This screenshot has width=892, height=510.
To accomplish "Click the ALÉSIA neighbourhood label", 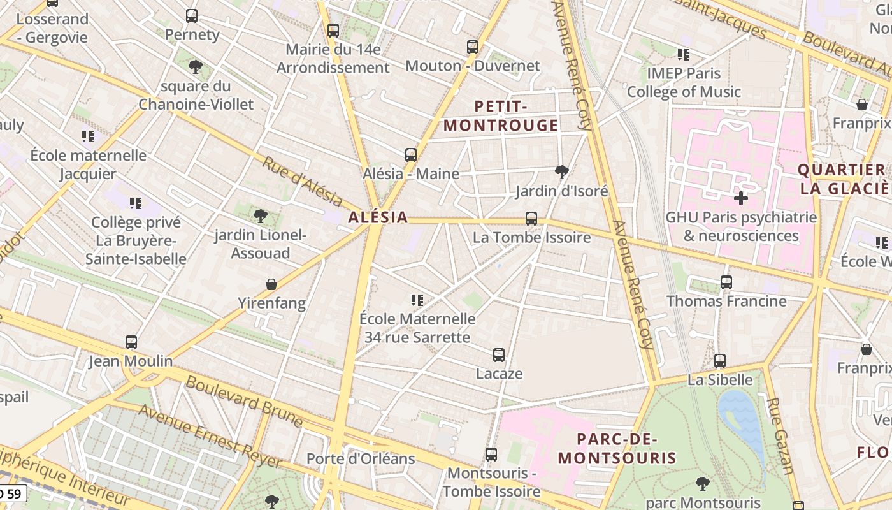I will [378, 217].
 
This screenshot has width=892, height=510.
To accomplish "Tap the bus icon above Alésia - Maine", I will [411, 154].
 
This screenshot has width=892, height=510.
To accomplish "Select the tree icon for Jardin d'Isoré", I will [562, 171].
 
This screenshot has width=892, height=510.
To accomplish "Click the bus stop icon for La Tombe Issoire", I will [531, 219].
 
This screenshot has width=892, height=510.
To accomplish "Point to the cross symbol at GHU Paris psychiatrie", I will [740, 198].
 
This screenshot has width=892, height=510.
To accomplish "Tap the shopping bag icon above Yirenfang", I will [271, 284].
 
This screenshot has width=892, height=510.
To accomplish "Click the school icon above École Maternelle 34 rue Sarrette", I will [417, 300].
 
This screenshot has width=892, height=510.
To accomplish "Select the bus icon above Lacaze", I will [499, 354].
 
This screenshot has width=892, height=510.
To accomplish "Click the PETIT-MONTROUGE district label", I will [501, 116].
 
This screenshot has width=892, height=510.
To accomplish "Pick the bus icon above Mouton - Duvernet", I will [472, 47].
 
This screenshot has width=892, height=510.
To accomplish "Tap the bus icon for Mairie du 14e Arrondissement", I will [333, 30].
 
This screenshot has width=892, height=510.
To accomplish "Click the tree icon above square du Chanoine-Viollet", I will [196, 66].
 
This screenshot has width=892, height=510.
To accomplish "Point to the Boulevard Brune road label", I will [244, 401].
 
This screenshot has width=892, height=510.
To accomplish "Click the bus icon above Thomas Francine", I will [726, 282].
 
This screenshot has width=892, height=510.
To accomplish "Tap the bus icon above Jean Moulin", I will [131, 342].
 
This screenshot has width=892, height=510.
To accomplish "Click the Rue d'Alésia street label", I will [302, 181].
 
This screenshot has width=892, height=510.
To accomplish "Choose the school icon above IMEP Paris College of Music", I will [684, 54].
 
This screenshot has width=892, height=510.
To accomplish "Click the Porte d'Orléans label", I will [361, 459].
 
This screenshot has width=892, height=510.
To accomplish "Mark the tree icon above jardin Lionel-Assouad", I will [260, 216].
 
